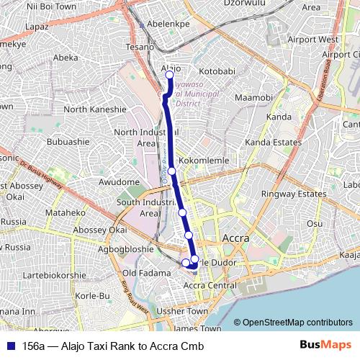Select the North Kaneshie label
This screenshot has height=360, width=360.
pyautogui.click(x=95, y=109)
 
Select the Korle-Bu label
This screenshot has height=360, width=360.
pyautogui.click(x=91, y=296)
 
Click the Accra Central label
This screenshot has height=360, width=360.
pyautogui.click(x=210, y=286)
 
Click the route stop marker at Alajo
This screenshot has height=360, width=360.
pyautogui.click(x=170, y=75)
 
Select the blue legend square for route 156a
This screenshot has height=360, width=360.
pyautogui.click(x=11, y=346)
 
